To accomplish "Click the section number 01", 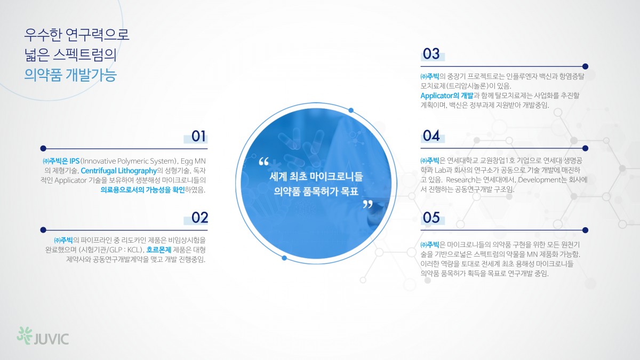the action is pos(198,137).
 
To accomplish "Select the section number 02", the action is pos(199,218).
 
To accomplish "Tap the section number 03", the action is pos(431,54).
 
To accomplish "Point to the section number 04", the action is pos(431,135).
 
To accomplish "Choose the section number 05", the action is pos(431,218).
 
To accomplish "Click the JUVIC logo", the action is pos(43,336).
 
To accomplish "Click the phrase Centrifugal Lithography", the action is pos(119,171).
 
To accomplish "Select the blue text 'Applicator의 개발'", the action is pos(447,95).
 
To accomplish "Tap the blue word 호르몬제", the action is pos(158,250).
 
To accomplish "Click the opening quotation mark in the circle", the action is pos(263,162).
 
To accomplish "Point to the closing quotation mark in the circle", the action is pos(367,204).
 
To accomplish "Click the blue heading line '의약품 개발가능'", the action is pos(70,75).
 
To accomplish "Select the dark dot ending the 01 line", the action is pos(43,148).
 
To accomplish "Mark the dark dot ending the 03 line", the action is pos(585,67).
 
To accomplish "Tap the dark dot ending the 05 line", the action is pos(585,230).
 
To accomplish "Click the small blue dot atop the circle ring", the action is pos(351,110).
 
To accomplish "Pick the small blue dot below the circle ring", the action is pos(284,258).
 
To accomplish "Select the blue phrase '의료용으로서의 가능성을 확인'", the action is pos(142,190).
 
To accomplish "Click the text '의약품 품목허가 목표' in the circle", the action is pos(316,191).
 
